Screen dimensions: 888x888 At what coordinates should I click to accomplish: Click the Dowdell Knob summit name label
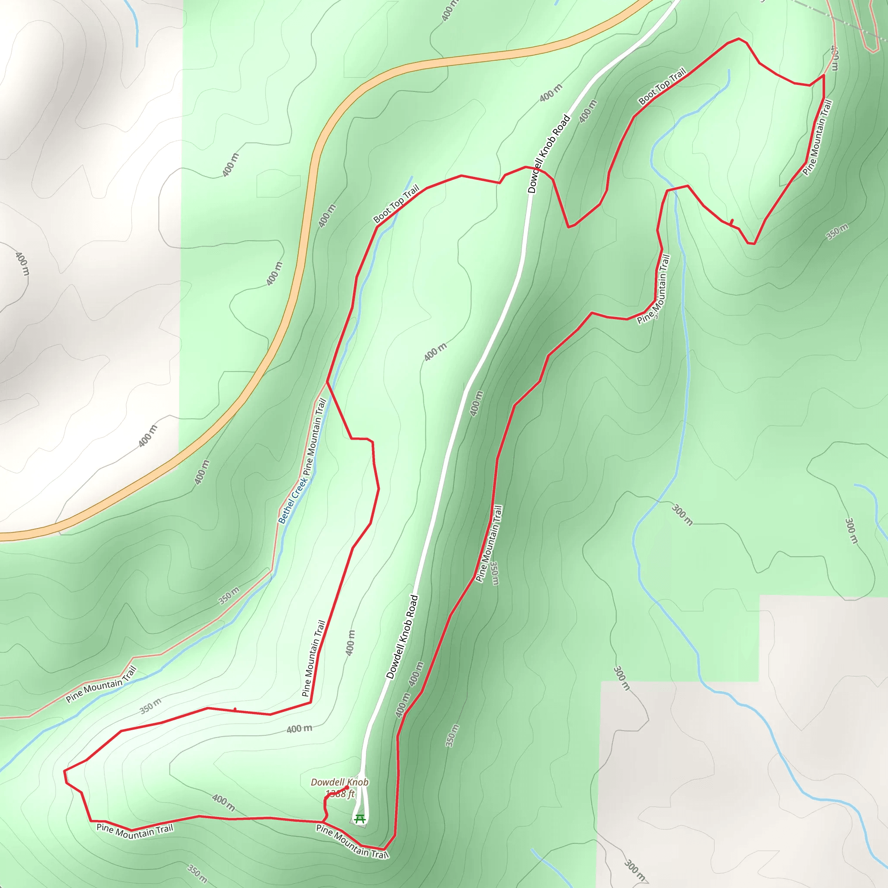point(339,782)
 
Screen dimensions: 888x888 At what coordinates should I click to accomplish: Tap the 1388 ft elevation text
point(340,793)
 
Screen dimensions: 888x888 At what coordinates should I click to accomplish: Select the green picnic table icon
point(360,819)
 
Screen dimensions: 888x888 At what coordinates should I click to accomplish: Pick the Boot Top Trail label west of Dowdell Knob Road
point(396,204)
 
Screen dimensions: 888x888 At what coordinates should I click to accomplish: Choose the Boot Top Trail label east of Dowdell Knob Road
point(662,86)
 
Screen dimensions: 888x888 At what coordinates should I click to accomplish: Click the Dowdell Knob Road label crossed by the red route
point(549,154)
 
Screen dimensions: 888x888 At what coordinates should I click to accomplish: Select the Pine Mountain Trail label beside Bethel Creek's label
point(315,439)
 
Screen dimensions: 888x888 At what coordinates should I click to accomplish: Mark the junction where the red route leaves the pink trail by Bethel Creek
point(327,382)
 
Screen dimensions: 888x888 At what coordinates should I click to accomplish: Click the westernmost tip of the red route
point(64,770)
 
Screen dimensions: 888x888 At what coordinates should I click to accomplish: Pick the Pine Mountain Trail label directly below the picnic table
point(352,841)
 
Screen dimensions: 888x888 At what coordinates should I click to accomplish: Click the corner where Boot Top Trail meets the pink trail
point(824,75)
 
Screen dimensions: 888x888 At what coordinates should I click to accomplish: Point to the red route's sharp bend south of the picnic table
point(384,849)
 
